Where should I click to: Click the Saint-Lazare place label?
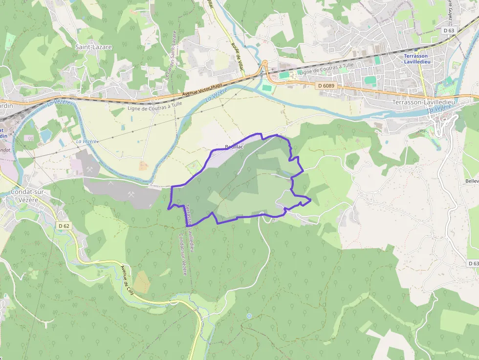(x=93, y=47)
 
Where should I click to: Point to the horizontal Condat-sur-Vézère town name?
(x=28, y=195)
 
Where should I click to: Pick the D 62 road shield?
(x=64, y=226)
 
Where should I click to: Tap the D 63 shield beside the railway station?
(x=449, y=30)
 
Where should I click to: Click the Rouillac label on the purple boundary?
(x=234, y=147)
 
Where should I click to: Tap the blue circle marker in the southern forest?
(x=249, y=316)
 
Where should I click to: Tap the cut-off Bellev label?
(x=472, y=181)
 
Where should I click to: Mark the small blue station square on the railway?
(x=415, y=49)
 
